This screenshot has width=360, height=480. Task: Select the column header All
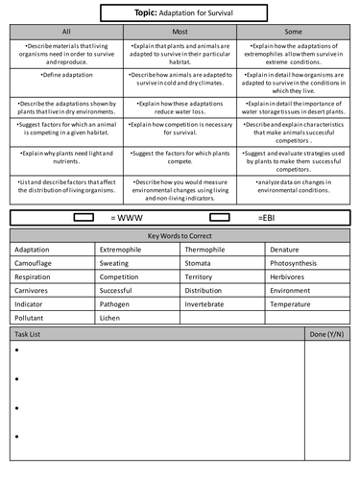point(65,32)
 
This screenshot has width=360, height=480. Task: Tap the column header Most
point(180,32)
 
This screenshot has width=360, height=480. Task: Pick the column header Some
point(294,32)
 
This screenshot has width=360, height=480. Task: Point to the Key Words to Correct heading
point(180,236)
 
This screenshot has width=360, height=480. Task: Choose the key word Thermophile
point(209,250)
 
